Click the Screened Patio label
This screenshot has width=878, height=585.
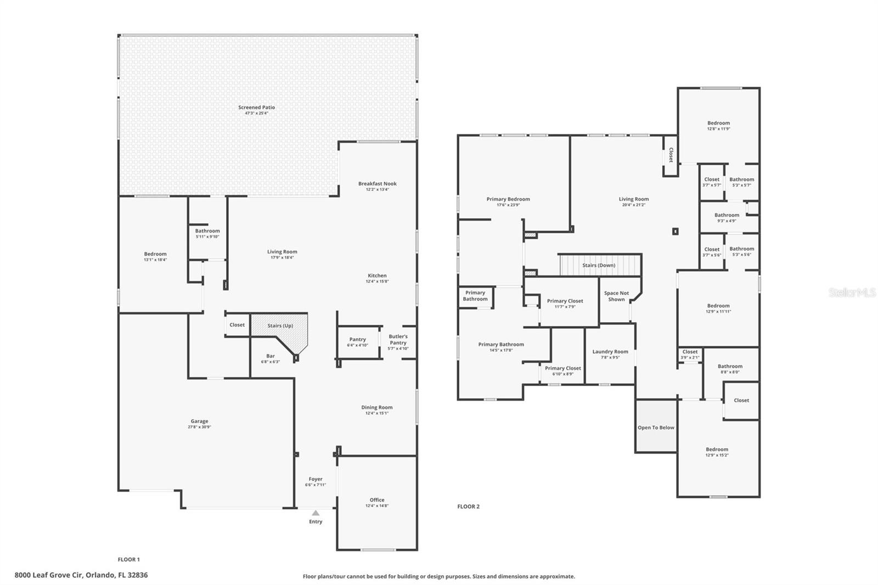coord(256,108)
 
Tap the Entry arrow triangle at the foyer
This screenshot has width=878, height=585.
coord(316,513)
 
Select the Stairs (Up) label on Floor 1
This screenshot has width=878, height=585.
coord(280,325)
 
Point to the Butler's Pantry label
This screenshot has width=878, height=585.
coord(398,339)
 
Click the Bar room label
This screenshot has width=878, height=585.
coord(270,356)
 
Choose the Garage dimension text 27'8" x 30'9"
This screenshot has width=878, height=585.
coord(199,427)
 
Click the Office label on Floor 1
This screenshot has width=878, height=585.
coord(377,500)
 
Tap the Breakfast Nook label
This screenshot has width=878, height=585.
coord(377,184)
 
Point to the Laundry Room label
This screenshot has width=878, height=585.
coord(610,352)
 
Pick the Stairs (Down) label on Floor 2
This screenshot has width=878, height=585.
coord(599,265)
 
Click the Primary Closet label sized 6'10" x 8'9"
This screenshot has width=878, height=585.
coord(562,368)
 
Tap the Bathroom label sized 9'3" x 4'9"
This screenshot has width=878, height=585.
coord(727,215)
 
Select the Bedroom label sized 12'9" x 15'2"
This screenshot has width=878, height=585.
coord(717,449)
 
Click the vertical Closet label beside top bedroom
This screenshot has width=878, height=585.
coord(671,154)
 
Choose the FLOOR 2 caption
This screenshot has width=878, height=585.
coord(468,507)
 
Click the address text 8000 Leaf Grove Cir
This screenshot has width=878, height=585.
coord(81,575)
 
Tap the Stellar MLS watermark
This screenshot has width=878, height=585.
coord(852,293)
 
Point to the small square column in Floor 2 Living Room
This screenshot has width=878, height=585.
coord(676,232)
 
